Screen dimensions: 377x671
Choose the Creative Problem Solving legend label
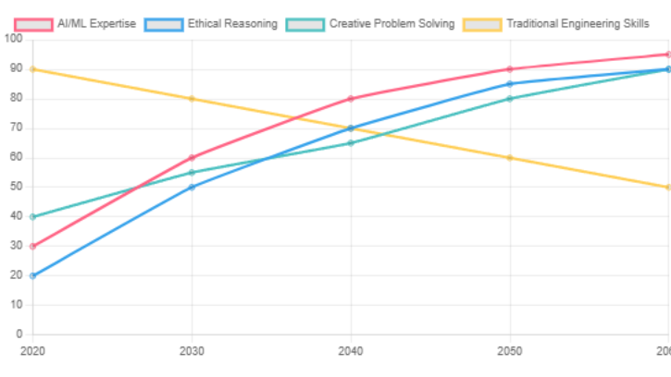(x=391, y=23)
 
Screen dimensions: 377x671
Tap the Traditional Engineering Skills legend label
(x=578, y=23)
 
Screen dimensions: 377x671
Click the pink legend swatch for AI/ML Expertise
(x=34, y=23)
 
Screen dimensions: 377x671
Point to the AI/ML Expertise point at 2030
(x=192, y=157)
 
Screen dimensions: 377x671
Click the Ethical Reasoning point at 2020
(x=32, y=275)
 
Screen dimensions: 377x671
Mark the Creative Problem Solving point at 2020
(x=32, y=216)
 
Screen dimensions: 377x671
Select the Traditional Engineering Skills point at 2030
(x=192, y=98)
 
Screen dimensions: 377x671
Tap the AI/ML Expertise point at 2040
(x=351, y=98)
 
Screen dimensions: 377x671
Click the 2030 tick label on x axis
(x=192, y=351)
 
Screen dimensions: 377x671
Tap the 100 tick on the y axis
(x=13, y=39)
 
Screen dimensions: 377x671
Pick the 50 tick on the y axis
(x=16, y=187)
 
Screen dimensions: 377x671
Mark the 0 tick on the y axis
(x=19, y=334)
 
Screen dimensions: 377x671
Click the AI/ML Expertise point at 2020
(x=32, y=246)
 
